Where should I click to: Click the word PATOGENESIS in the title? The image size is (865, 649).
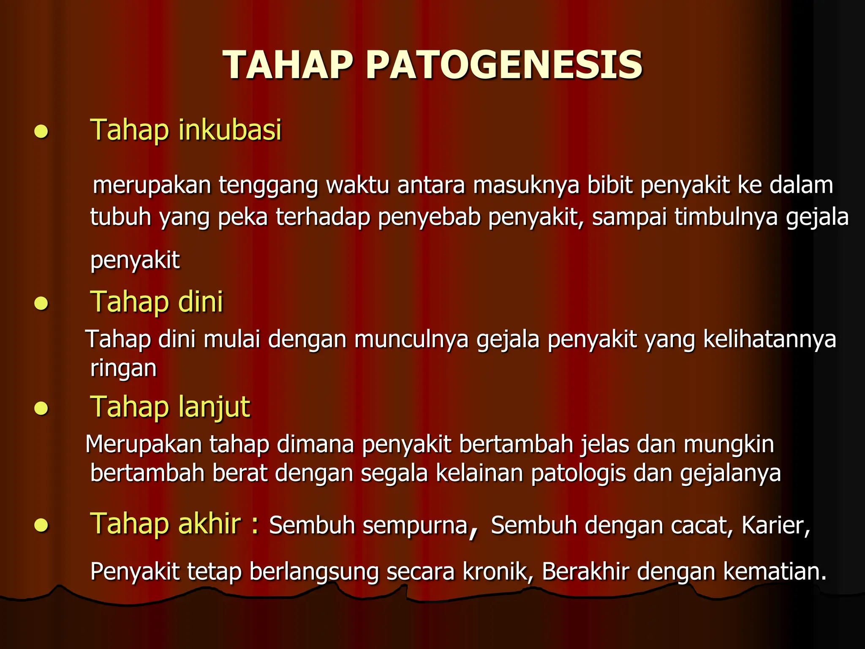tap(504, 65)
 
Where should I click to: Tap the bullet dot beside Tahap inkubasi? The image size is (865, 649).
tap(41, 132)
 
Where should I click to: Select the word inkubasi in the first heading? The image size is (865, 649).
tap(230, 130)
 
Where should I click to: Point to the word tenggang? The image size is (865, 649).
tap(268, 186)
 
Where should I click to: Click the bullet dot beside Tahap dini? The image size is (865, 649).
tap(41, 304)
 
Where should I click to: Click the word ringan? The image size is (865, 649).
tap(123, 368)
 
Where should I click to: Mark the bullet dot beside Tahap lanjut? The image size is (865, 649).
tap(41, 409)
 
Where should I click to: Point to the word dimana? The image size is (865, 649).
tap(316, 444)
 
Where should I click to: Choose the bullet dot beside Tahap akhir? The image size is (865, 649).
tap(41, 525)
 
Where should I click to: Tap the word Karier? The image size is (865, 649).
tap(775, 526)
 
